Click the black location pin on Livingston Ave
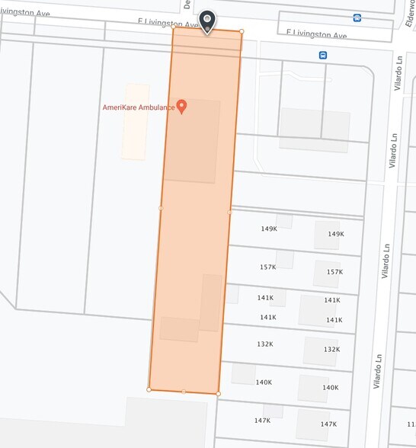tap(206, 21)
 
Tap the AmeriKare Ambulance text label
tap(139, 107)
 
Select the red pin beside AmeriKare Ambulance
tap(182, 107)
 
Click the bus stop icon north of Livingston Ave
tap(357, 18)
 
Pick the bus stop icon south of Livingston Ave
tap(323, 55)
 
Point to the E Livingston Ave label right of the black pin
tap(316, 35)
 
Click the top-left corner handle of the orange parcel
tap(174, 29)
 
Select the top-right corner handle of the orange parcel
tap(242, 31)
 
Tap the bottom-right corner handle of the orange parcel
tap(218, 393)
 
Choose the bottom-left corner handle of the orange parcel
tap(149, 389)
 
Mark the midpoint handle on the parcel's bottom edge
tap(184, 391)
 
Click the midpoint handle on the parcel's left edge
tap(161, 207)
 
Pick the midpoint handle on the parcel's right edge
tap(230, 212)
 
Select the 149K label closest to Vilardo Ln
tap(336, 234)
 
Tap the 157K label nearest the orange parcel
tap(267, 267)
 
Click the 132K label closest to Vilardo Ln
tap(331, 350)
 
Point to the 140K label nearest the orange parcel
tap(264, 382)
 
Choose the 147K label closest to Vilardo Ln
tap(328, 424)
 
